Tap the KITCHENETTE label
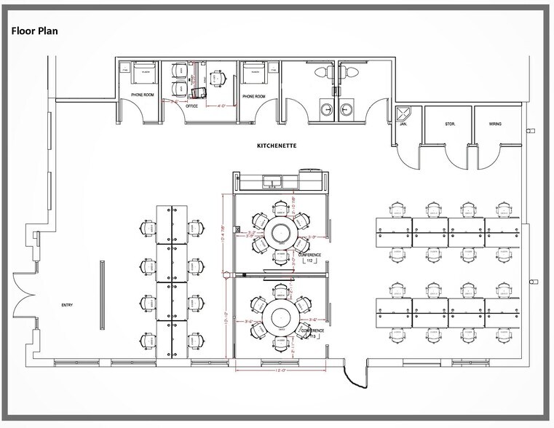pyautogui.click(x=277, y=146)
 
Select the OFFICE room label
pyautogui.click(x=191, y=106)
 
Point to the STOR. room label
pyautogui.click(x=450, y=124)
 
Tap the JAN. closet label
pyautogui.click(x=403, y=124)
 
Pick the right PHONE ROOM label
pyautogui.click(x=253, y=96)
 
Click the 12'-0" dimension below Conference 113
pyautogui.click(x=280, y=370)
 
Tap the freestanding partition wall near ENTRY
pyautogui.click(x=101, y=288)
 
